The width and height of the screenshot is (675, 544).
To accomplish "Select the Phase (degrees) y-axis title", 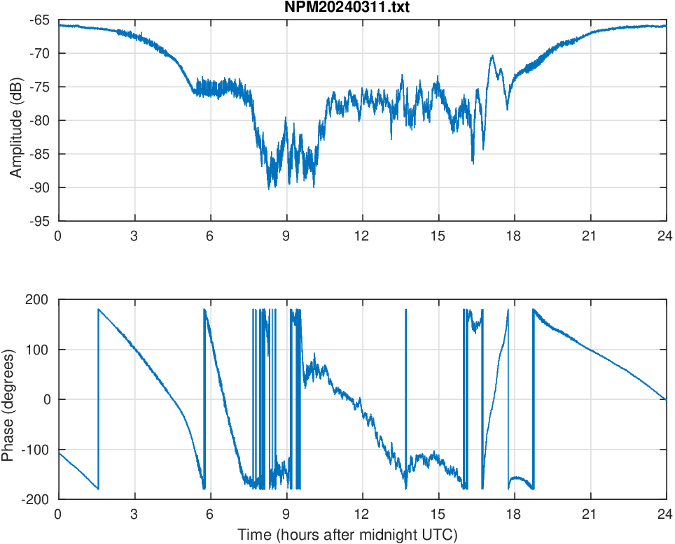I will [x=8, y=399].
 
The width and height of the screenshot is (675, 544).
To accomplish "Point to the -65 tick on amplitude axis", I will [x=40, y=20].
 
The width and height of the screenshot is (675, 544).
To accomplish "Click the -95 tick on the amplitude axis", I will [x=40, y=221].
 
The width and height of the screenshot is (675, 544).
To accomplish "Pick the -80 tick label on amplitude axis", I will [x=40, y=120].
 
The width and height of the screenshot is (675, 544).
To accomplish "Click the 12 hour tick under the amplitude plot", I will [x=361, y=236].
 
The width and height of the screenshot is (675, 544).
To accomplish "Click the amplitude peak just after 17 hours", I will [x=492, y=55].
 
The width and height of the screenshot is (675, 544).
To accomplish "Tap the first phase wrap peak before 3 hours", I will [x=99, y=309].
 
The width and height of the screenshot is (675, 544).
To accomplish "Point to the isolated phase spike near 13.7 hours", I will [x=405, y=311].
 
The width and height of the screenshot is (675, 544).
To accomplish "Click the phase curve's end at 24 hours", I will [x=665, y=399].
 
